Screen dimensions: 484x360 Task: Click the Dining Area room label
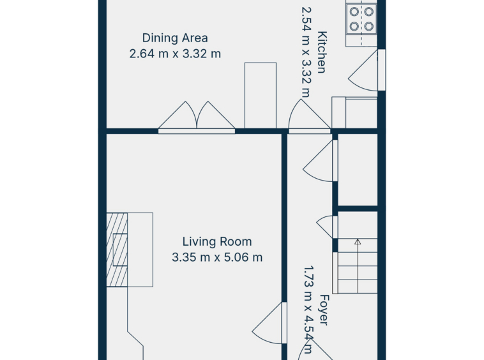pyautogui.click(x=175, y=38)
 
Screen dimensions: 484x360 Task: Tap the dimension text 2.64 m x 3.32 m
pyautogui.click(x=175, y=54)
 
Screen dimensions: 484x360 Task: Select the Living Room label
pyautogui.click(x=217, y=241)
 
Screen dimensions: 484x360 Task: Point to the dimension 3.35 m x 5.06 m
pyautogui.click(x=217, y=257)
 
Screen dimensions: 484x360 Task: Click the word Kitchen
pyautogui.click(x=322, y=52)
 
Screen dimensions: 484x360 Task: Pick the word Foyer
pyautogui.click(x=324, y=310)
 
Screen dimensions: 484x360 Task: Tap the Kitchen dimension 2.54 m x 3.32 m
pyautogui.click(x=306, y=52)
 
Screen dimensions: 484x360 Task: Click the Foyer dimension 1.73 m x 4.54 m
pyautogui.click(x=308, y=310)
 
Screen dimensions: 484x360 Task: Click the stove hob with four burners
pyautogui.click(x=361, y=19)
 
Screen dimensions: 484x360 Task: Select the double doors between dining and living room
pyautogui.click(x=197, y=117)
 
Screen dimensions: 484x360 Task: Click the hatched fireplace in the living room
pyautogui.click(x=117, y=250)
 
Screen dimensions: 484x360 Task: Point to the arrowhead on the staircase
pyautogui.click(x=358, y=241)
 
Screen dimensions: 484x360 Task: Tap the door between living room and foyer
pyautogui.click(x=269, y=323)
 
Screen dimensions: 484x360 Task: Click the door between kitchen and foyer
pyautogui.click(x=309, y=116)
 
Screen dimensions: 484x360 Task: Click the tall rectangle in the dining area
pyautogui.click(x=261, y=95)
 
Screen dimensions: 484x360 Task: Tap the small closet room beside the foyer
pyautogui.click(x=358, y=170)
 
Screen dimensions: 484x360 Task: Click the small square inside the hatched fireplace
pyautogui.click(x=121, y=250)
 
